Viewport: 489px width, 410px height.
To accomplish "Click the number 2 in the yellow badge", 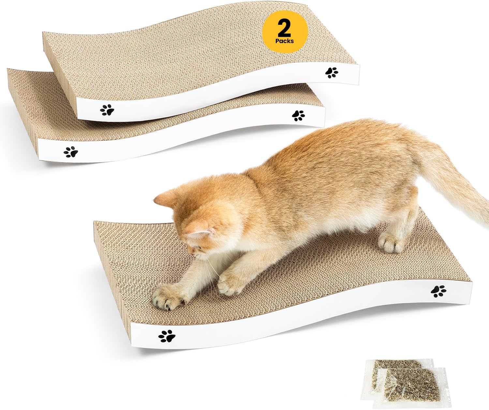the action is [284, 28].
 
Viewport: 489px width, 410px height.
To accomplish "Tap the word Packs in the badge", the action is [285, 41].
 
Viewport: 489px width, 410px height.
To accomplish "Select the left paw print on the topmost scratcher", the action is [107, 110].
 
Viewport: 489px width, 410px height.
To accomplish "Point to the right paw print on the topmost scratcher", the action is [332, 72].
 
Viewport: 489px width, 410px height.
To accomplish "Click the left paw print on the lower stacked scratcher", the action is [71, 152].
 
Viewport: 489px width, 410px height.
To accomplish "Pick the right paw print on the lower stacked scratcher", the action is [298, 116].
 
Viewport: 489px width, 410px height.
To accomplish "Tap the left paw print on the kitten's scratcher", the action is [167, 336].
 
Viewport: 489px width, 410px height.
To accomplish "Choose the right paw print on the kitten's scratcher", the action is [438, 291].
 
